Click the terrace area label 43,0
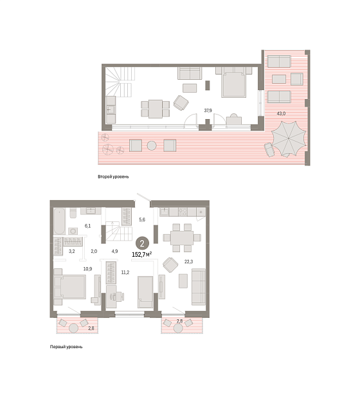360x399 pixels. [281, 113]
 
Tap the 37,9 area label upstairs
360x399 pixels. [208, 111]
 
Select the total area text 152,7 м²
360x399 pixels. [142, 254]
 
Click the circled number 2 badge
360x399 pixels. [142, 243]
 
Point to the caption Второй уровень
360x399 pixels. [113, 176]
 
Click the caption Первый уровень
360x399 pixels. [66, 347]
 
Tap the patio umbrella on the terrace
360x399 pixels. [289, 138]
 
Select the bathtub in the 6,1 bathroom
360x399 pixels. [60, 221]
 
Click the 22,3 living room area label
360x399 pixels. [188, 261]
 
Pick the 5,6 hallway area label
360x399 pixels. [142, 219]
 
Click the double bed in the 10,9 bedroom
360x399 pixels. [70, 287]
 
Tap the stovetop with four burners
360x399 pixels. [183, 212]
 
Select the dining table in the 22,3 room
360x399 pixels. [182, 238]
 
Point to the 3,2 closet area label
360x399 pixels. [72, 251]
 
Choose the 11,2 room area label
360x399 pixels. [125, 272]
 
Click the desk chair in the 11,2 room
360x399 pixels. [119, 297]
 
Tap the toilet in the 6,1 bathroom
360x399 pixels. [73, 213]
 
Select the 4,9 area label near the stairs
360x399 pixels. [114, 251]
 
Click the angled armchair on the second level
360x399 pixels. [181, 103]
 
